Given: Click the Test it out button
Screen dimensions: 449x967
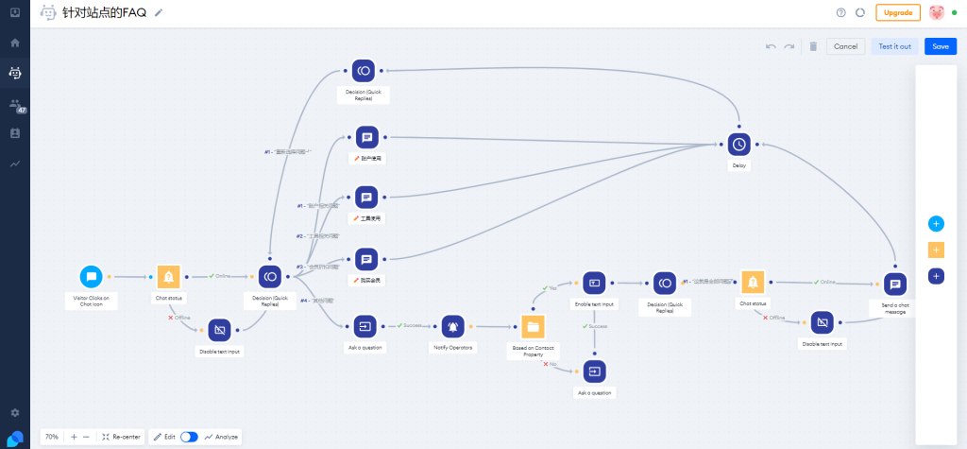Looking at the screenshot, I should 894,46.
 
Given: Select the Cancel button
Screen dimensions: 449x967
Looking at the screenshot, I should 845,46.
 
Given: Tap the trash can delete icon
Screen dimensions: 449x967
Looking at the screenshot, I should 813,46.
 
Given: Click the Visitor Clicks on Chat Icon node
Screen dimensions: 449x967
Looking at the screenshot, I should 92,277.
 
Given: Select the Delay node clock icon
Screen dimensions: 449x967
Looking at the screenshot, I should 739,144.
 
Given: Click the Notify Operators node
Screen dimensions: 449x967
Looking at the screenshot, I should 452,326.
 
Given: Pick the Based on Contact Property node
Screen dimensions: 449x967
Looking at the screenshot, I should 533,326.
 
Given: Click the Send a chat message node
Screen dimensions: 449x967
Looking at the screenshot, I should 895,284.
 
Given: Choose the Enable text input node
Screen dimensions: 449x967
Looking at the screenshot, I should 595,283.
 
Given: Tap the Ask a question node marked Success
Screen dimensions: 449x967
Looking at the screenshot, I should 365,326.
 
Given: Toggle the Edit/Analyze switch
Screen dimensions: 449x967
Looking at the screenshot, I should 189,437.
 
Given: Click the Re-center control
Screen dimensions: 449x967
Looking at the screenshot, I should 121,437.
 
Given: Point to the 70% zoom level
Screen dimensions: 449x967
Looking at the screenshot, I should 52,437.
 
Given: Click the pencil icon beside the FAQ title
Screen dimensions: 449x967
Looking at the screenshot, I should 159,12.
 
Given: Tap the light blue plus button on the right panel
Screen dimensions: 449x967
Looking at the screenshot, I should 936,224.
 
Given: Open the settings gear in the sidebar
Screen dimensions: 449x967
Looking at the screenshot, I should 14,413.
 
